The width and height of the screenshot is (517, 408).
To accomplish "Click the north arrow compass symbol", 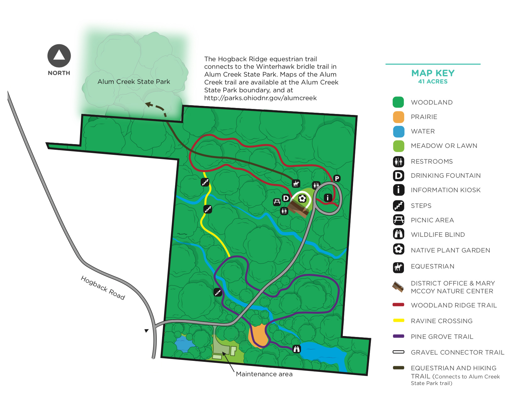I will (59, 56).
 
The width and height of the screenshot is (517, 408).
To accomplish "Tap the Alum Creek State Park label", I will (133, 82).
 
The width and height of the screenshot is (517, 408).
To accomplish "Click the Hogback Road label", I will (103, 287).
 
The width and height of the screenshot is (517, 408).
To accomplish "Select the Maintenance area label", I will (264, 374).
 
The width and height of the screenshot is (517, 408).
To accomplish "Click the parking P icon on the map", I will (337, 178).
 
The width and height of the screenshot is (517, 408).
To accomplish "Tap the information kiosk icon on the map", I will (328, 198).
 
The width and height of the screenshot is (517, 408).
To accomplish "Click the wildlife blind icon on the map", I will (297, 349).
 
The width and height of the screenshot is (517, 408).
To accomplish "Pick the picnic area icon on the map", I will (277, 202).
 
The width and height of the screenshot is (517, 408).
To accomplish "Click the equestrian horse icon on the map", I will (296, 183).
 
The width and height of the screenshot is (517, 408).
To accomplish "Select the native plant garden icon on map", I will (302, 199).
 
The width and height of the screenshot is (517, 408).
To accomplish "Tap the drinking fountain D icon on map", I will (286, 198).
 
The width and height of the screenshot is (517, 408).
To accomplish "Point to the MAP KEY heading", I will (433, 73).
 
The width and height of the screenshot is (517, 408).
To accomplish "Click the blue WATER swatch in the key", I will (398, 131).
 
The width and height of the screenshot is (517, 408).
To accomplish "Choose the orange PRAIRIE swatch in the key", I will (398, 117).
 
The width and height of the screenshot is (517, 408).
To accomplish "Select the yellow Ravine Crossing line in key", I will (398, 320).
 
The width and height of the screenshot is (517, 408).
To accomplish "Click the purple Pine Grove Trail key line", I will (398, 336).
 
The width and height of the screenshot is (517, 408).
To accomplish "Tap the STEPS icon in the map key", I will (398, 206).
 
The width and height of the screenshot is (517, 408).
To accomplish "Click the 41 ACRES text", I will (433, 82).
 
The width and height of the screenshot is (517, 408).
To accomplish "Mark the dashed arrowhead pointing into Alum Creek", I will (148, 105).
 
